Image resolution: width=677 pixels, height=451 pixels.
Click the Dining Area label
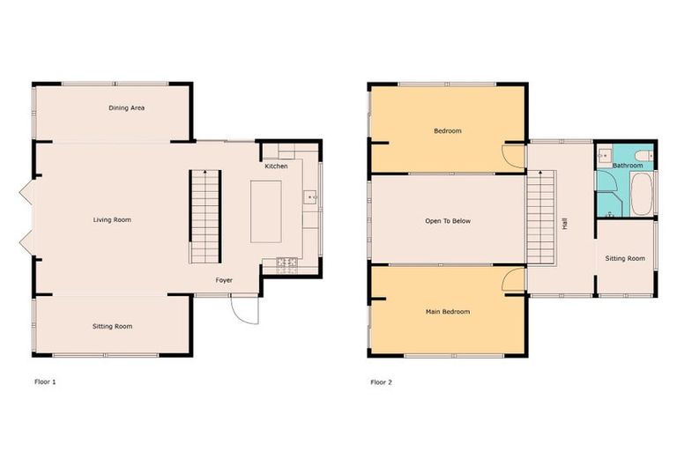tap(126, 108)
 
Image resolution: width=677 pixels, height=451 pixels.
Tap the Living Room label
tap(112, 219)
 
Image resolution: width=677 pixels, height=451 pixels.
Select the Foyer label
tap(225, 280)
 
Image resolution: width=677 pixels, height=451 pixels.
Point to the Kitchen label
tap(276, 166)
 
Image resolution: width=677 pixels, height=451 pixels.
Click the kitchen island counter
tap(265, 211)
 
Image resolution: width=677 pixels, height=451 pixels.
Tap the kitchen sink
tap(310, 196)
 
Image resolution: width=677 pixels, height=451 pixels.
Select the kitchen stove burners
tap(287, 262)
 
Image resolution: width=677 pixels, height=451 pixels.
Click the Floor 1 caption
tap(45, 382)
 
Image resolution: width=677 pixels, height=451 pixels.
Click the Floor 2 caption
tap(382, 382)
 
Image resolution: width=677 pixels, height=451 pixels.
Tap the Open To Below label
tap(448, 221)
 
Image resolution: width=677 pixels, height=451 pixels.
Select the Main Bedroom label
tap(448, 312)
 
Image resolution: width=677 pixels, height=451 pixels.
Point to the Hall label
tap(564, 224)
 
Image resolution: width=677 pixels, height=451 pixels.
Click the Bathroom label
tap(628, 166)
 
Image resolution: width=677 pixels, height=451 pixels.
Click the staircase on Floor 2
tap(542, 217)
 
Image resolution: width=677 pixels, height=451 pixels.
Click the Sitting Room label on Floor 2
tap(625, 259)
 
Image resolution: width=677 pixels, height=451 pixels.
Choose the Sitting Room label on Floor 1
tap(112, 327)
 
